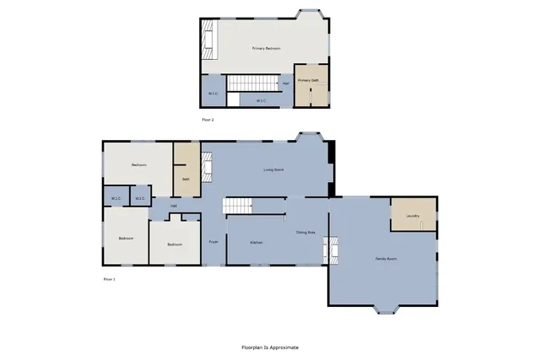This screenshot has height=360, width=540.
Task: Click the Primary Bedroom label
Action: pos(266,49)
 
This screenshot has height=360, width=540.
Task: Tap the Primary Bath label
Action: pos(308,81)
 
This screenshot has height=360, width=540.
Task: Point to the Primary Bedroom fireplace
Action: pos(208,39)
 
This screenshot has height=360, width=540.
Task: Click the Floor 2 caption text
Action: pos(208,121)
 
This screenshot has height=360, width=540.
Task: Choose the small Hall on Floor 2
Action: pos(286,83)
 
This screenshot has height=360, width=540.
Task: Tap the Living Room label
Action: pos(273,170)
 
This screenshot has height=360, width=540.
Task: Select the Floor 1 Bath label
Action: pos(185,179)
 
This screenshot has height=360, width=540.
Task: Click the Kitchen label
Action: pos(256,243)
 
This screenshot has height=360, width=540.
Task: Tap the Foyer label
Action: pos(213,243)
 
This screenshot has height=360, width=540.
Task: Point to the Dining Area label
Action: pos(305,232)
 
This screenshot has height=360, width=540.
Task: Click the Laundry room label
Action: pos(413,216)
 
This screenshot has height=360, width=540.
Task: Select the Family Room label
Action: pos(386,259)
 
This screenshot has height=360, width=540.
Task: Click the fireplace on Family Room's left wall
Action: pos(331,249)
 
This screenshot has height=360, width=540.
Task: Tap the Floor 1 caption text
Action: pos(109,278)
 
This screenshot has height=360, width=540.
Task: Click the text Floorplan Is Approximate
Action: pos(270,347)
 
